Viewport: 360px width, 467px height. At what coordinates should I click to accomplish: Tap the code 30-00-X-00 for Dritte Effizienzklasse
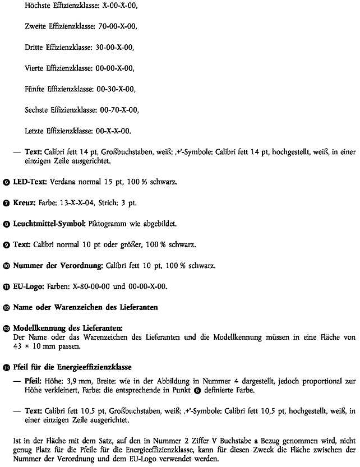(115, 47)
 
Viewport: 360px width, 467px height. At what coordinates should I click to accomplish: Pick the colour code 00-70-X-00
(118, 110)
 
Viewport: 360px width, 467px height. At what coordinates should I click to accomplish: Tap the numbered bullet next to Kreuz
(6, 203)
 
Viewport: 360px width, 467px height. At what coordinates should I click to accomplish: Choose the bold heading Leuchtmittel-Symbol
(49, 224)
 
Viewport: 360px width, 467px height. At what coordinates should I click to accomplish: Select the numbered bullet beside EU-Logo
(6, 286)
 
